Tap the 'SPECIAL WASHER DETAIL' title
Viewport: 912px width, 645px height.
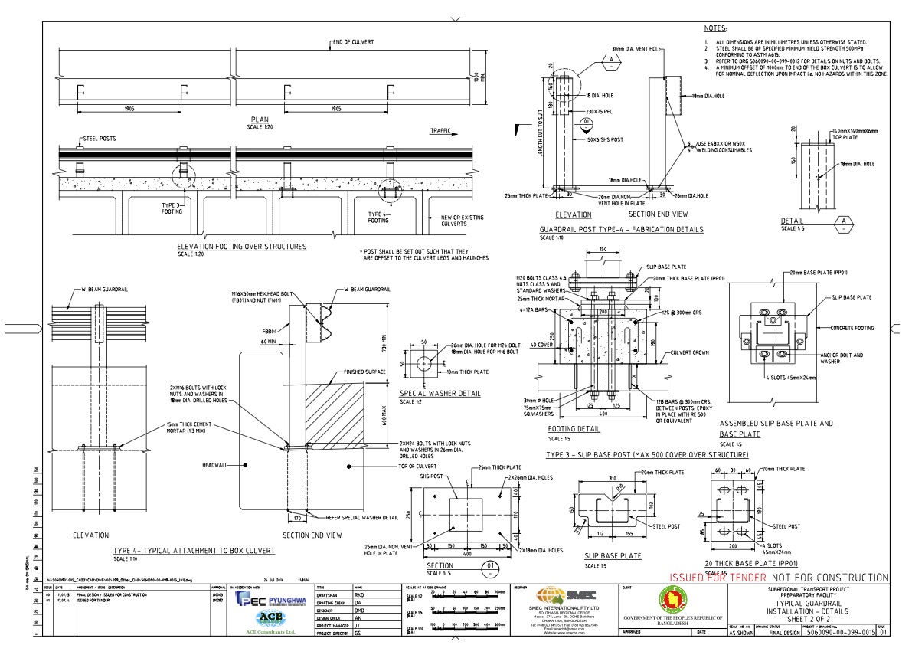[440, 394]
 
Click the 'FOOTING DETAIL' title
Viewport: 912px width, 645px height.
[574, 430]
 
